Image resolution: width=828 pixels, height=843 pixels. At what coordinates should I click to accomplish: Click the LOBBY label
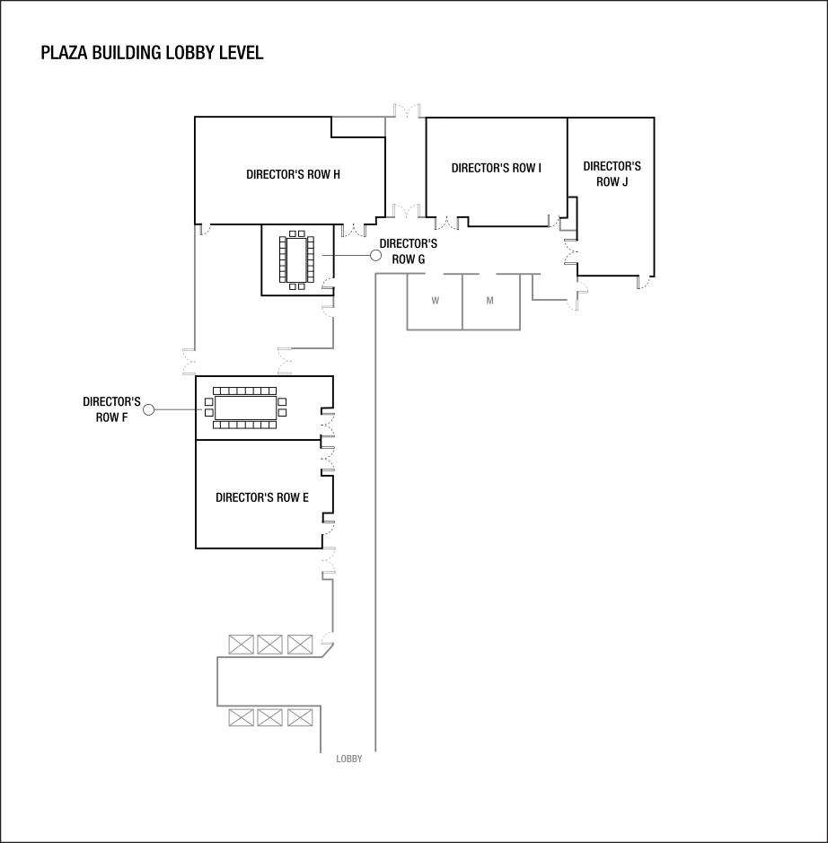coord(349,759)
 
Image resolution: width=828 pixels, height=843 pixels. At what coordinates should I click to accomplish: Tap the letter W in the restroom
coord(436,301)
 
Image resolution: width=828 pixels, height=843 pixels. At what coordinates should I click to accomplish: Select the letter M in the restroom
coord(490,301)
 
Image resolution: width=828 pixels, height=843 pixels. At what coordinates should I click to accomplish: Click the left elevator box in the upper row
coord(240,645)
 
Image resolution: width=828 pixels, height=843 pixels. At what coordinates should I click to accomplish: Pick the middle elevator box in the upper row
coord(269,645)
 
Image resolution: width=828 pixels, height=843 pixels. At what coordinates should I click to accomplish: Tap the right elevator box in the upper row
coord(300,645)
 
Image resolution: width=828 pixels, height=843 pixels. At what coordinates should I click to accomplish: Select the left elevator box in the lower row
coord(240,717)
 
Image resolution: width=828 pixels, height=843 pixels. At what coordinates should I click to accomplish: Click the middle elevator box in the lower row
coord(269,717)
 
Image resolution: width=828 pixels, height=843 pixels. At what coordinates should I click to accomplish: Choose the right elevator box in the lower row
coord(300,717)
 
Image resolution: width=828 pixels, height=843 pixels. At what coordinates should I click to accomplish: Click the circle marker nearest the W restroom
coord(376,255)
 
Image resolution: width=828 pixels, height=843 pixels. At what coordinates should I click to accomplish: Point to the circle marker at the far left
coord(149,409)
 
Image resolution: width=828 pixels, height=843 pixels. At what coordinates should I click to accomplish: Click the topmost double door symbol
coord(409,111)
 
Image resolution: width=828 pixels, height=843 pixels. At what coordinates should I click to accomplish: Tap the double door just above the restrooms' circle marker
coord(405,211)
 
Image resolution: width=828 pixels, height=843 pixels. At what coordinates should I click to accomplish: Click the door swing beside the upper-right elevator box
coord(327,643)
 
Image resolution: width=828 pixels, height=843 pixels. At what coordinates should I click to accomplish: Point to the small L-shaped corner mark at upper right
coord(566,225)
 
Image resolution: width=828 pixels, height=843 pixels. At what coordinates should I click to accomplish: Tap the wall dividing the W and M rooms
coord(462,302)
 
